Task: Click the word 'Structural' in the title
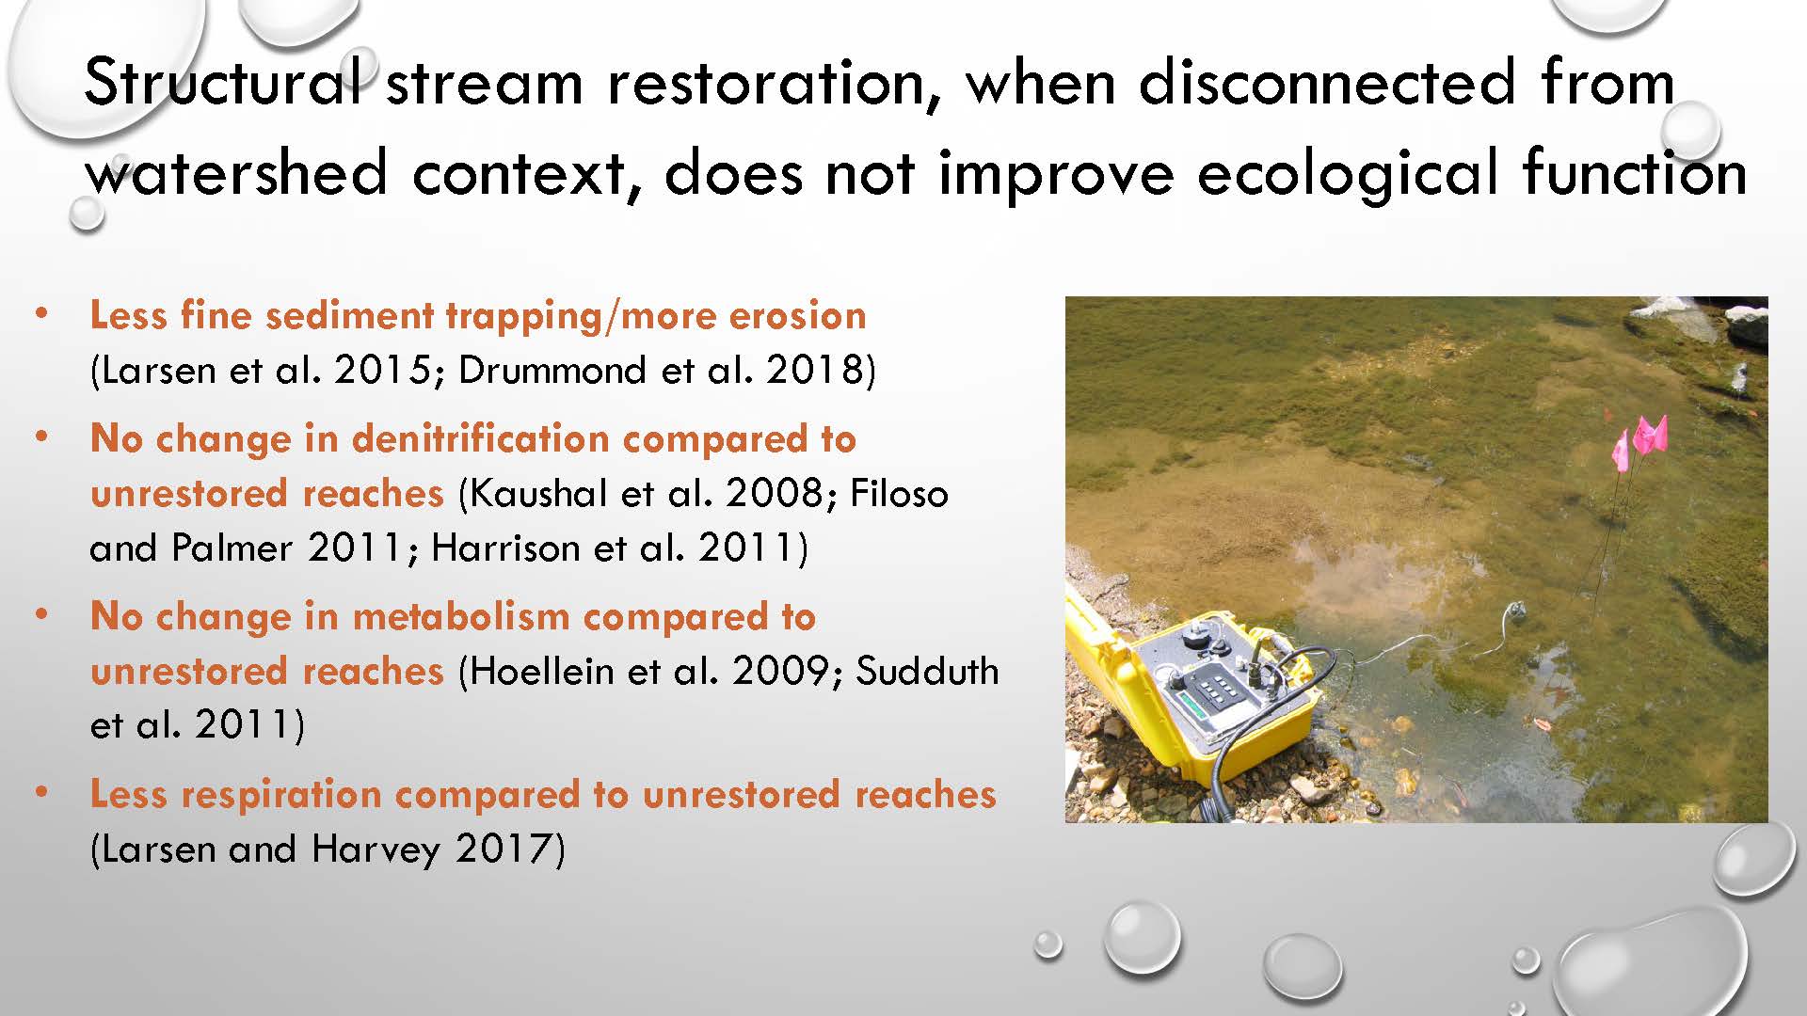pos(224,82)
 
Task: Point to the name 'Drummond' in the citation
pos(552,370)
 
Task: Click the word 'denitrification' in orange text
pos(481,438)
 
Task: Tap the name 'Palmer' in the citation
pos(232,548)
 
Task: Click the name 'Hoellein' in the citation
pos(539,671)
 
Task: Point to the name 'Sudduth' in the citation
pos(927,671)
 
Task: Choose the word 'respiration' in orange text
pos(281,795)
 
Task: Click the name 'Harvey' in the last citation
pos(376,849)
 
